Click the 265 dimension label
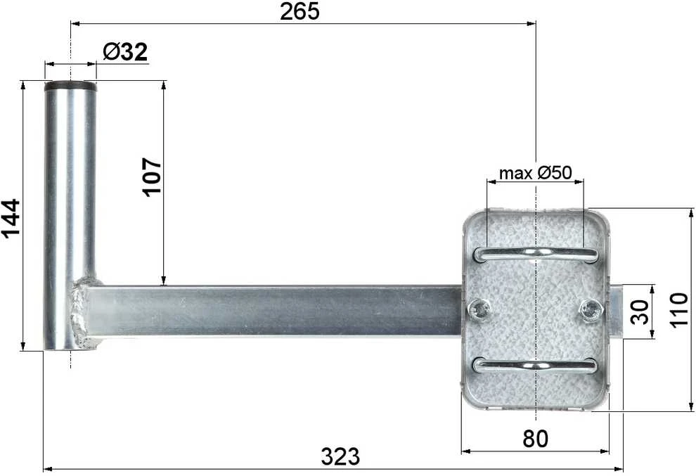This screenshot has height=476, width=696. (x=299, y=11)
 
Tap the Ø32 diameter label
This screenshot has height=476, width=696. (x=124, y=53)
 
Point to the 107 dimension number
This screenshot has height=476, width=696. (x=152, y=176)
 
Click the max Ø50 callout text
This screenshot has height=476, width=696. (x=535, y=173)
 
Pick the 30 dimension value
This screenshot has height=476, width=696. (x=640, y=311)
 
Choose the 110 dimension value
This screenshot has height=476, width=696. (x=678, y=310)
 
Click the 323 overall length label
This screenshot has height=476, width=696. (x=340, y=456)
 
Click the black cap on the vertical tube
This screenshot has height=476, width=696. (x=70, y=86)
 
